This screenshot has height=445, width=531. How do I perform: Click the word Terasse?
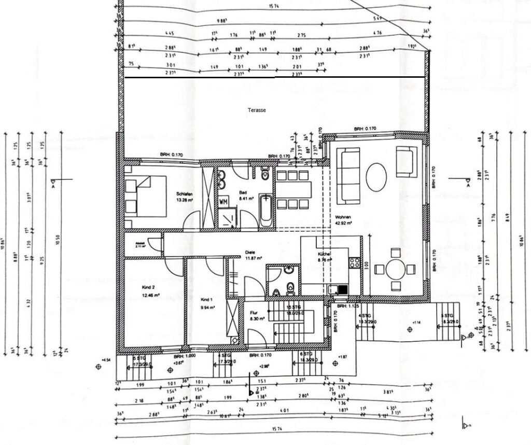pos(257,110)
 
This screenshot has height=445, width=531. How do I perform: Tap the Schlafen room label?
pos(185,195)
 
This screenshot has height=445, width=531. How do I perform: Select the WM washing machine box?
pos(223,201)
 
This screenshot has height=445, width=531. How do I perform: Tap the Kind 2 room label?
pos(149,286)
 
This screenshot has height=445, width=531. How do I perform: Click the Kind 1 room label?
pos(207,300)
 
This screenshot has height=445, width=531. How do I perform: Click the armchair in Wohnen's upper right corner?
pos(406,161)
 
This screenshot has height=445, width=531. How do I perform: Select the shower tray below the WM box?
pos(227,218)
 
